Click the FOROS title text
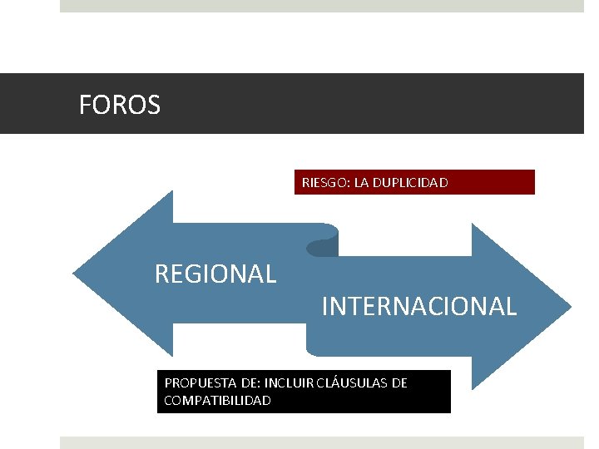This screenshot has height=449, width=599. pos(120,106)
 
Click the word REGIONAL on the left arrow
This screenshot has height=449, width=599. pos(215,274)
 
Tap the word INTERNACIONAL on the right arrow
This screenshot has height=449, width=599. pos(418,307)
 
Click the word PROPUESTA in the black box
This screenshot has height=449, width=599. pos(198,383)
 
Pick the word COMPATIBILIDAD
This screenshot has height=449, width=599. pos(218,401)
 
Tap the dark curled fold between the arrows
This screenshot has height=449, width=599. pos(322,246)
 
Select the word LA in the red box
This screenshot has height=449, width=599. pos(362,182)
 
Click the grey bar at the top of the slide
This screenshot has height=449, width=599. pos(321,5)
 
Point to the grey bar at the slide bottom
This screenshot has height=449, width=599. pos(321,443)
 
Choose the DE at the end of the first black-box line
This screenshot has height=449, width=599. pos(399,383)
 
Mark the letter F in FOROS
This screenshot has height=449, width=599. pos(84,106)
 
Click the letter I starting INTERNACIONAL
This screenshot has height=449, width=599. pos(324,307)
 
